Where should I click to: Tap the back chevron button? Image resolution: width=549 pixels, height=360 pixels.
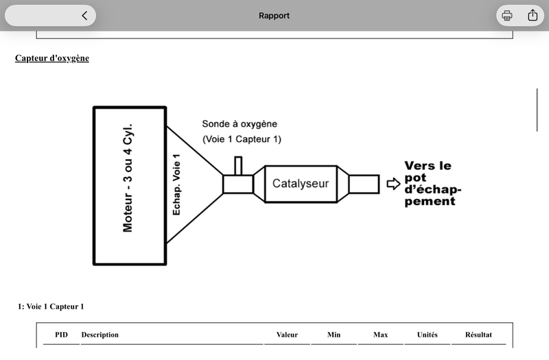tap(84, 15)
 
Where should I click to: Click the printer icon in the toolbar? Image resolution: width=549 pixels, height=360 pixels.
tap(507, 15)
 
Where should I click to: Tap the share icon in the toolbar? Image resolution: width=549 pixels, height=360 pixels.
tap(533, 15)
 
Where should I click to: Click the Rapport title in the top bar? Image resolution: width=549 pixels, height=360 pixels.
tap(274, 16)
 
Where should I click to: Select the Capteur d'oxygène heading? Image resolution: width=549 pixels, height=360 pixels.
tap(52, 58)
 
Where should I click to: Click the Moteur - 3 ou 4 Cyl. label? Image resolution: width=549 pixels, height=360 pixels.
tap(128, 178)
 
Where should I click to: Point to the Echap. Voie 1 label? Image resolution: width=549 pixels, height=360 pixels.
tap(176, 184)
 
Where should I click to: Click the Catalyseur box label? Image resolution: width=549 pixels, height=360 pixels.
tap(301, 183)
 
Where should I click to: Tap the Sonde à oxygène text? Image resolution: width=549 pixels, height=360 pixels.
tap(240, 124)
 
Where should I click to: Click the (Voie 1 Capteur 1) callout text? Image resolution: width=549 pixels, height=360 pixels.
tap(242, 139)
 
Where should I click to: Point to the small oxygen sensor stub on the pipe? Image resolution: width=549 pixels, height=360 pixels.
tap(238, 165)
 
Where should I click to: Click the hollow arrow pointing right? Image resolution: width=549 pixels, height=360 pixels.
tap(393, 184)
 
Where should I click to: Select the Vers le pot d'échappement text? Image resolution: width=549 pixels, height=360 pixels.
tap(433, 183)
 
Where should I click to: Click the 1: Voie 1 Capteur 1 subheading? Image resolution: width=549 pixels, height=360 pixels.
tap(51, 307)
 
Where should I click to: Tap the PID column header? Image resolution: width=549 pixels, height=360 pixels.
tap(61, 335)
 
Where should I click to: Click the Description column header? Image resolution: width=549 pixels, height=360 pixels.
tap(100, 335)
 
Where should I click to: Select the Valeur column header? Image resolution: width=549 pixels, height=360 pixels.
tap(287, 335)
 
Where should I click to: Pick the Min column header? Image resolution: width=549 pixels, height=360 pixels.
tap(334, 335)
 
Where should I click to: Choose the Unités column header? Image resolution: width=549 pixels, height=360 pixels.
tap(427, 335)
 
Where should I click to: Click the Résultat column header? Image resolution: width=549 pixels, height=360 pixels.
tap(478, 335)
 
